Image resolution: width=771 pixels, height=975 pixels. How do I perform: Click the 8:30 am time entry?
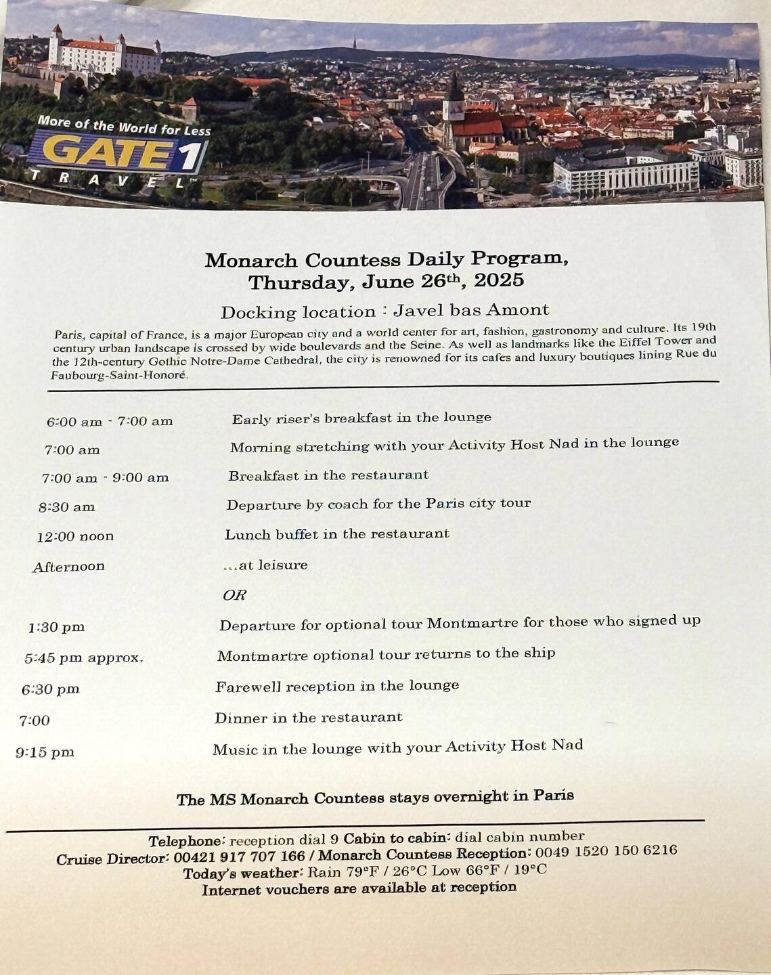(66, 507)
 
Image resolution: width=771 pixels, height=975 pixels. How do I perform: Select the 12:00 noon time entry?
(74, 536)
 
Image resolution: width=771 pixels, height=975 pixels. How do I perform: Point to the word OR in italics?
(234, 595)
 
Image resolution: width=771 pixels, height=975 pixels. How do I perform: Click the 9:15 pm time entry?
(45, 752)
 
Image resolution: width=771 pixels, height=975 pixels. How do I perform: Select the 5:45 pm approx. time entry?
(83, 657)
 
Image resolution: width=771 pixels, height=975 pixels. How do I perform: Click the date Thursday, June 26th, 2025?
(386, 281)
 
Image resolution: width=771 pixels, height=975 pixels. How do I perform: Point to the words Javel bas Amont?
(471, 310)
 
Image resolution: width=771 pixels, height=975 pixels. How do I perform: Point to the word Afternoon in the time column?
(68, 567)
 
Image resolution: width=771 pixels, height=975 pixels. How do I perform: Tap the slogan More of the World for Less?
(124, 125)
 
